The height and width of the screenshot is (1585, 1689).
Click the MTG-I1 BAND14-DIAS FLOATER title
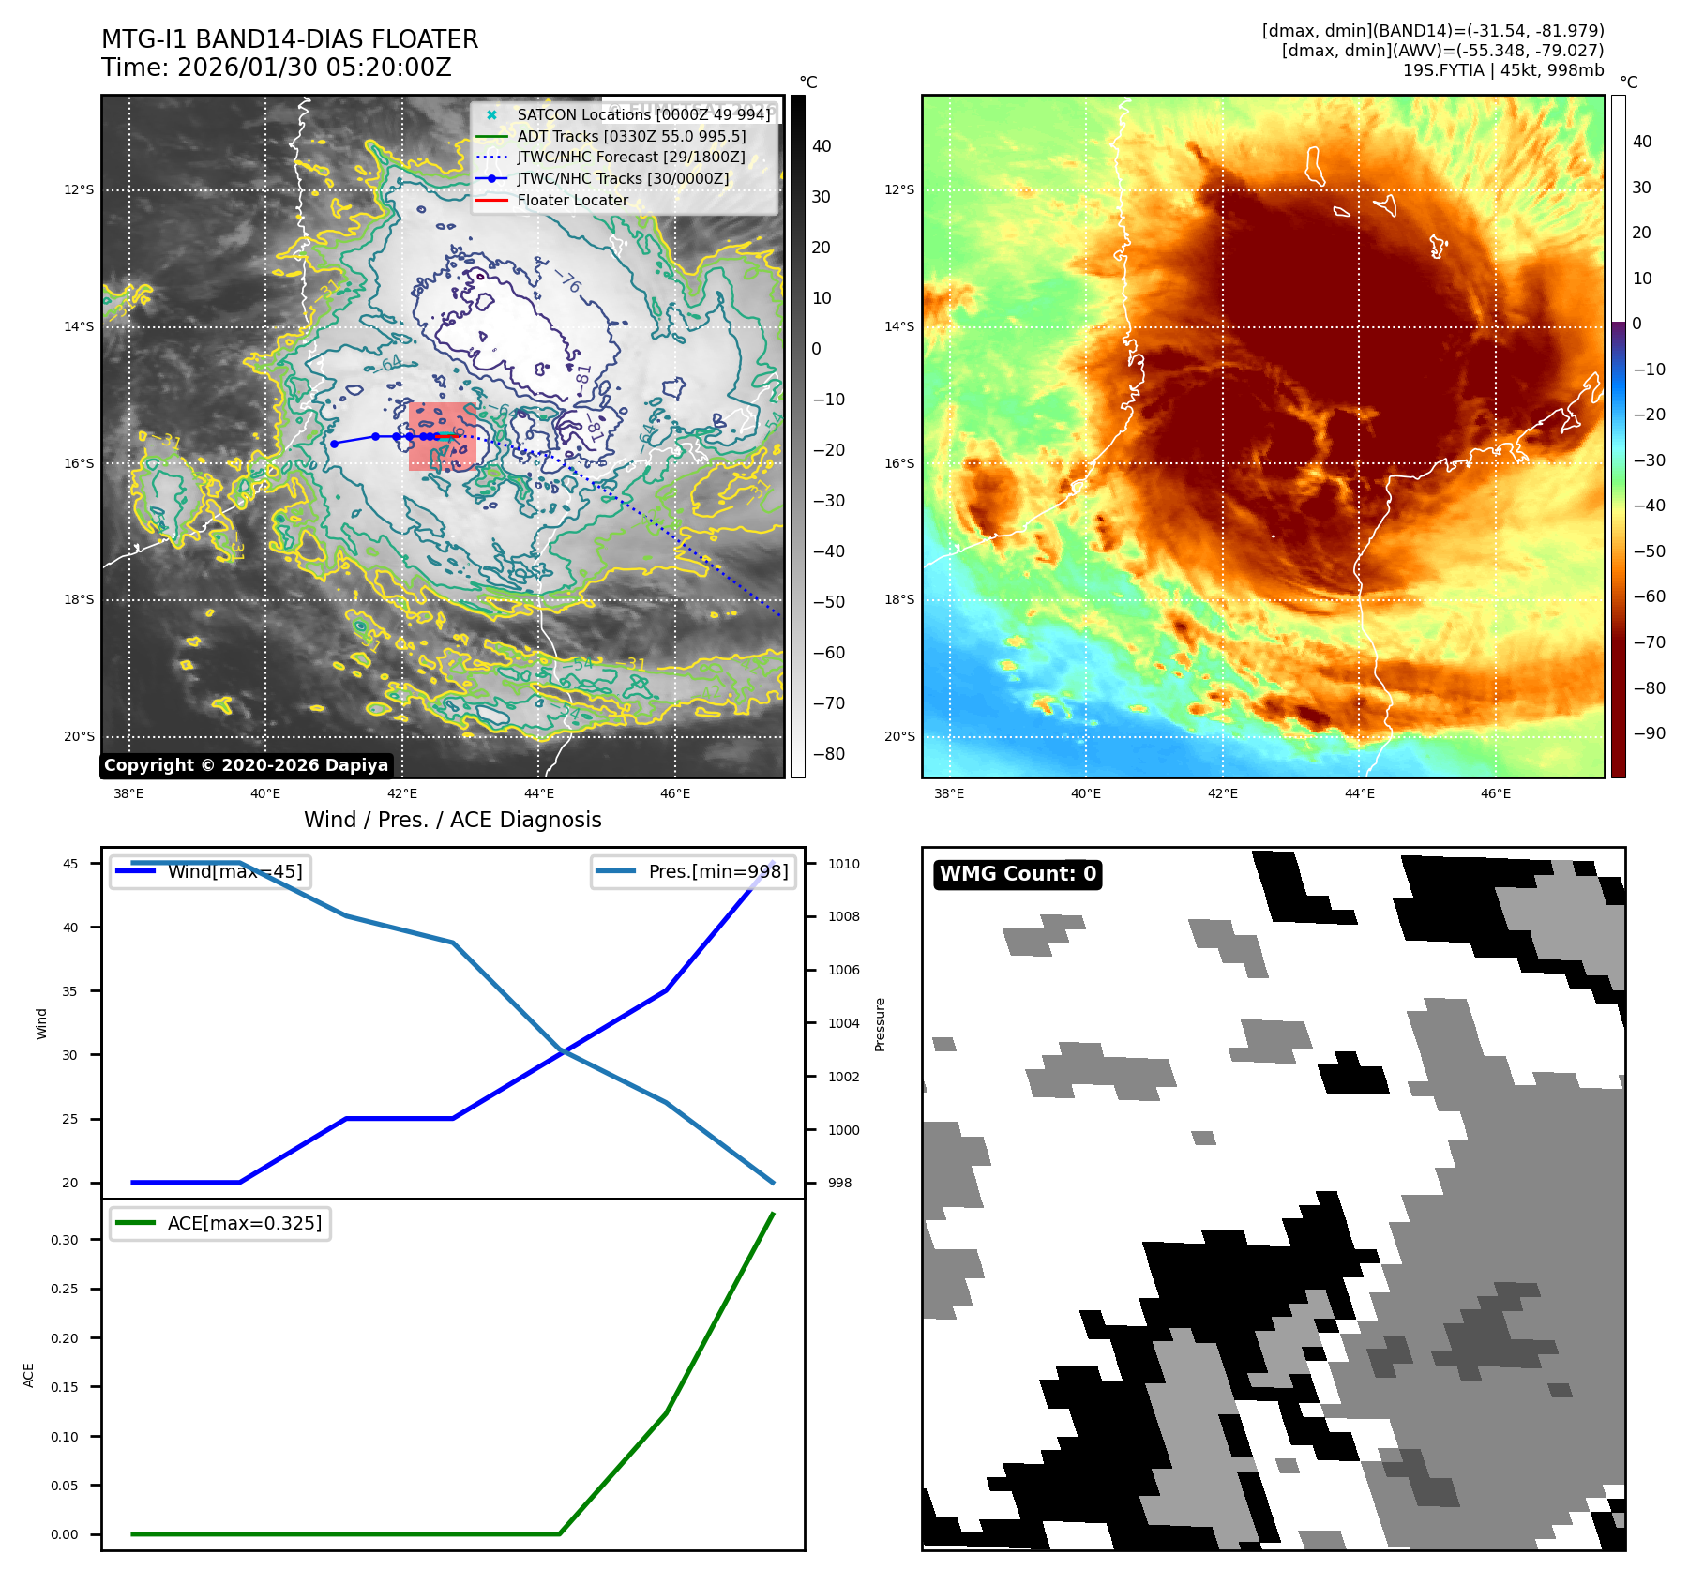click(x=290, y=39)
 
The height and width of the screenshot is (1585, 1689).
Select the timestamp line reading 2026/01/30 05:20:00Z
click(x=277, y=68)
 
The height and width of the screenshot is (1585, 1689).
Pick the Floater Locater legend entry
click(x=572, y=200)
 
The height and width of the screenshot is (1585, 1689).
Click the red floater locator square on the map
click(x=443, y=436)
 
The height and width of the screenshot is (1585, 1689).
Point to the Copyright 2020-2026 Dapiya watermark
click(x=246, y=765)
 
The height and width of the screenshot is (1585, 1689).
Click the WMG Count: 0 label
click(x=1018, y=874)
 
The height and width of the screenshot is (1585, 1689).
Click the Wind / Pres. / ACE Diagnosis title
click(x=452, y=820)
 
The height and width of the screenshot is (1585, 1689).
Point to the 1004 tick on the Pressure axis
click(x=843, y=1023)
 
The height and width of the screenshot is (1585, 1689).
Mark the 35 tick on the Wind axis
click(x=70, y=991)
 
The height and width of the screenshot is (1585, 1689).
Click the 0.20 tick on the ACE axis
click(x=65, y=1338)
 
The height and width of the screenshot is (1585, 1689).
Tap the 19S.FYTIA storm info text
click(x=1502, y=70)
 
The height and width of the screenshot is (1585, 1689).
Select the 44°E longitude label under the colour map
click(x=1359, y=793)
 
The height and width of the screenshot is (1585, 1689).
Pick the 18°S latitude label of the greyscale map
click(x=79, y=600)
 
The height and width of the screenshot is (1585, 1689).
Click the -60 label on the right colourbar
click(x=1649, y=596)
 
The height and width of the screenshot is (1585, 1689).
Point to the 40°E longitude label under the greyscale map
click(x=265, y=793)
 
